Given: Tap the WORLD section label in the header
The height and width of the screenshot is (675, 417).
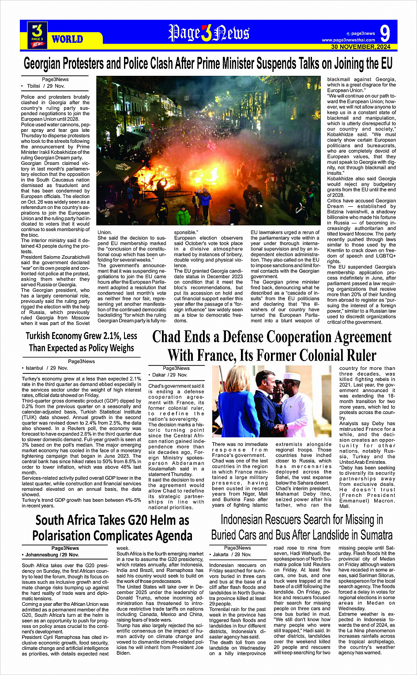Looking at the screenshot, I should [x=67, y=39].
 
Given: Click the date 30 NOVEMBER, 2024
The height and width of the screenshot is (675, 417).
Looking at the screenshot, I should [x=361, y=47].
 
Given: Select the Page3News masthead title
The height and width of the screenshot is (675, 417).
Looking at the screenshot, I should [x=208, y=33].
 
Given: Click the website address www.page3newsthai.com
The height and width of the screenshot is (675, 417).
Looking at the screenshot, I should [x=349, y=40].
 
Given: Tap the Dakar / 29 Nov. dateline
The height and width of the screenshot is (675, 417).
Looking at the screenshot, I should [x=170, y=375].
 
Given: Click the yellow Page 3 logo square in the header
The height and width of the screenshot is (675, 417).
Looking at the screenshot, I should [x=37, y=35].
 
